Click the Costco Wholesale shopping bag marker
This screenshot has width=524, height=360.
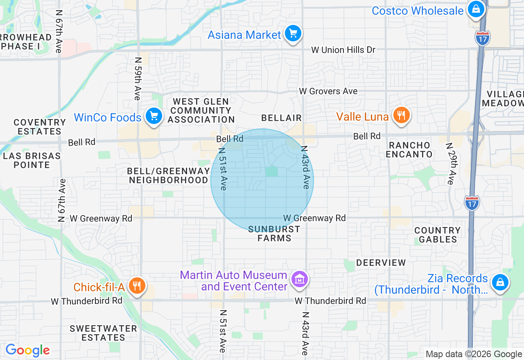pos(475,9)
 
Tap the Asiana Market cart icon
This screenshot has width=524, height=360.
pos(293,34)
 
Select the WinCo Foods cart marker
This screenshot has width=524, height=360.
pos(154,117)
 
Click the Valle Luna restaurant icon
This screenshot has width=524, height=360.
pos(401,116)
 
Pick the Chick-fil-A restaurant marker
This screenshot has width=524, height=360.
pos(136,286)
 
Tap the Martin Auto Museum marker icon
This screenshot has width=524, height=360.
pos(299,279)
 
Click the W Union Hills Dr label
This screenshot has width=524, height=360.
pos(343,50)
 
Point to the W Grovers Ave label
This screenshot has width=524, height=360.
pos(328,91)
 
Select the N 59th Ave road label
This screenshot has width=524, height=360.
pos(138,78)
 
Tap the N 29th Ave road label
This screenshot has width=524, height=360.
pos(450,164)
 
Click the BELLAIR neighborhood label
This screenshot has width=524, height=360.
pos(281,118)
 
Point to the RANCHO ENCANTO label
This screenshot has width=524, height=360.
pos(409,150)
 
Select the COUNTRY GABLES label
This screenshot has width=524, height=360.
pos(438,235)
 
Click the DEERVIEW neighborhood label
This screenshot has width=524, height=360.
pos(381,263)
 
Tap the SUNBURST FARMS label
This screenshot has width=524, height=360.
pos(274,234)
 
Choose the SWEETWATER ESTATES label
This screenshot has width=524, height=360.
pos(103,333)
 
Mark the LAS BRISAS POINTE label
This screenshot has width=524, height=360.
pos(32,160)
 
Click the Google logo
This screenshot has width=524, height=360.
pos(27,351)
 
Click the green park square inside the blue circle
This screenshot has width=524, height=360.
pos(271,172)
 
